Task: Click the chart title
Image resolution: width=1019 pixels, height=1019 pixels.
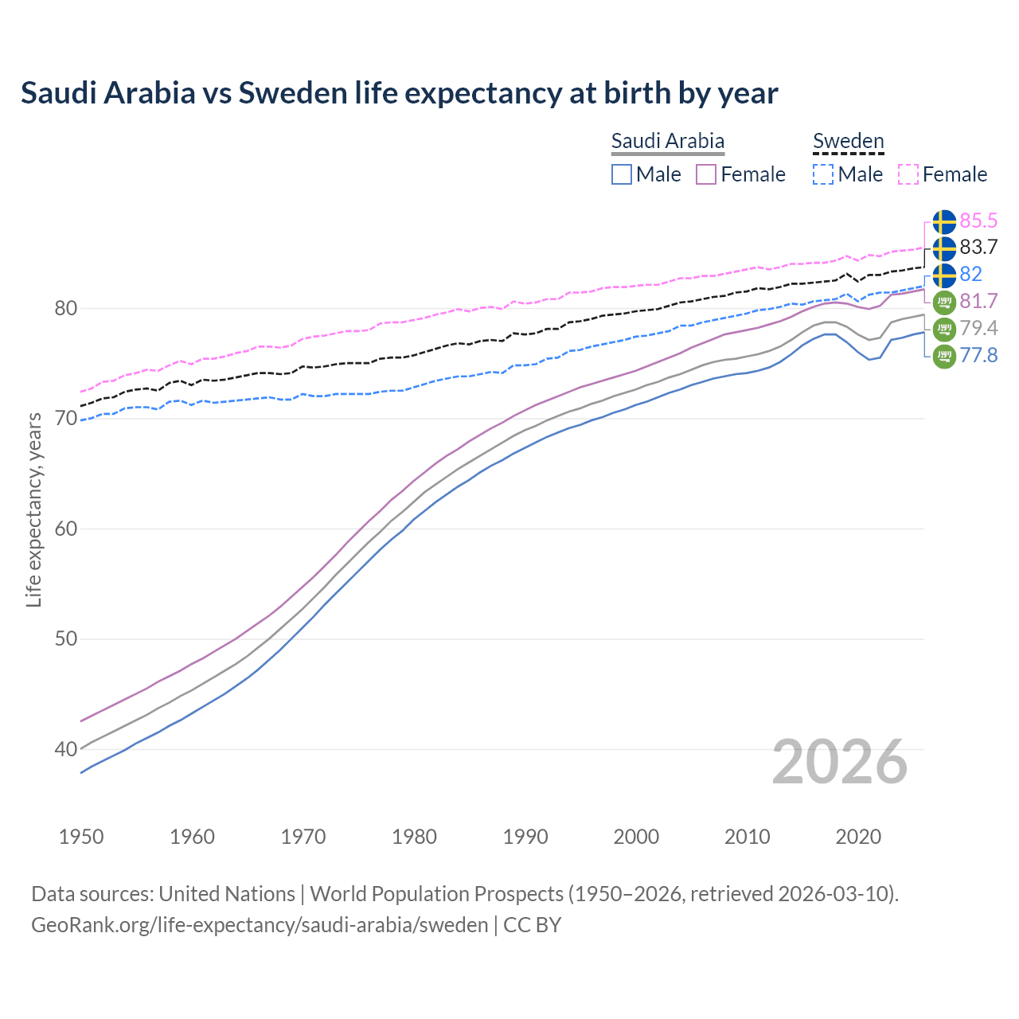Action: [x=399, y=93]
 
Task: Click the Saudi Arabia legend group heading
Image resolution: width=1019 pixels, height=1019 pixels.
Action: [x=667, y=141]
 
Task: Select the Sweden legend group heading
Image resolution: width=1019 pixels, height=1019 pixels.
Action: [x=848, y=141]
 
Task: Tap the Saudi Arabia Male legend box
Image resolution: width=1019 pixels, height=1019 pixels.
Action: [x=622, y=174]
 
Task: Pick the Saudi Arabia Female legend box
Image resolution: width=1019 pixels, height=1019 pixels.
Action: [x=706, y=174]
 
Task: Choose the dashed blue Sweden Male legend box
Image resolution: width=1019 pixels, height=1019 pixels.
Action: [x=823, y=174]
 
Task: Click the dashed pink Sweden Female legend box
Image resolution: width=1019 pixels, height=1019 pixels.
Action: [x=908, y=174]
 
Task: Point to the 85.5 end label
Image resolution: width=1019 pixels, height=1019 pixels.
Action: [x=978, y=221]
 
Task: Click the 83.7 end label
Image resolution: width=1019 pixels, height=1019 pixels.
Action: [x=978, y=248]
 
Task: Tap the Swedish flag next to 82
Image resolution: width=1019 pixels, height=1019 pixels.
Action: [x=944, y=275]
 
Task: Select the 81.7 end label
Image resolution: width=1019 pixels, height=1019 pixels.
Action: [x=978, y=302]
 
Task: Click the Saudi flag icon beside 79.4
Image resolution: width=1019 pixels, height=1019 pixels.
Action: [x=944, y=329]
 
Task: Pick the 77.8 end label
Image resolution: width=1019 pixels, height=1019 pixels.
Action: [x=978, y=356]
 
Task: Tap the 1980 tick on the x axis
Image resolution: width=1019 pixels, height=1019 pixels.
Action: [x=414, y=837]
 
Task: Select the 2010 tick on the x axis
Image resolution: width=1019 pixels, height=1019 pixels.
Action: [x=747, y=837]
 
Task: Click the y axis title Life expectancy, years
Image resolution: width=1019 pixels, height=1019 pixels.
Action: [x=33, y=509]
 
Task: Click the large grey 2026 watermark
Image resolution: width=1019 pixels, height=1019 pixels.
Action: [x=839, y=762]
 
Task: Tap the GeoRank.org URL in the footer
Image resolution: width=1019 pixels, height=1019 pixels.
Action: [x=260, y=925]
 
